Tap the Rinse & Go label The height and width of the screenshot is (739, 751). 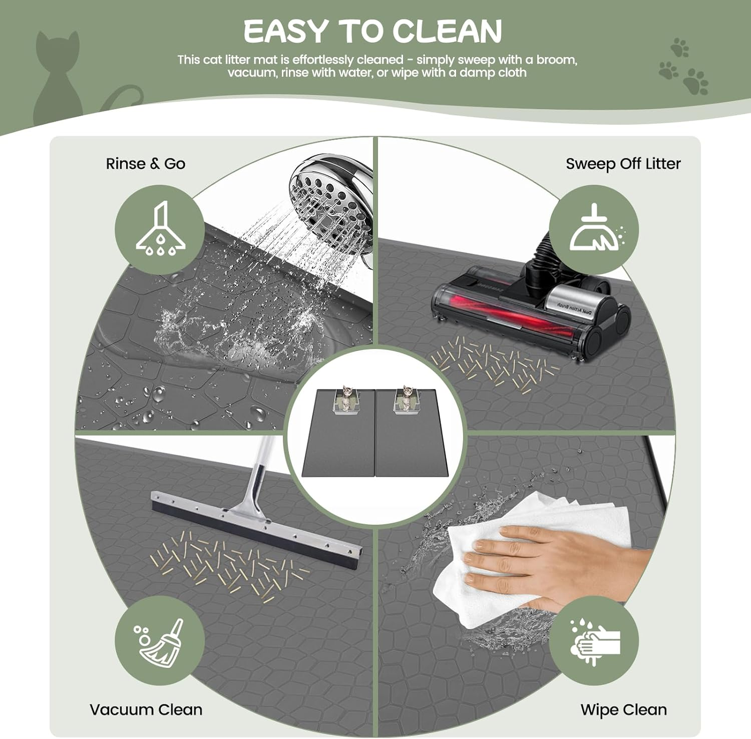tap(145, 164)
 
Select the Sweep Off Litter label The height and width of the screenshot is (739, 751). tap(623, 164)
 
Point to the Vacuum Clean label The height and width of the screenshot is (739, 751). tap(146, 709)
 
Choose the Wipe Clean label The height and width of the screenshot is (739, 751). tap(623, 709)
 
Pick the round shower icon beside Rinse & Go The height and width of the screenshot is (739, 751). tap(160, 229)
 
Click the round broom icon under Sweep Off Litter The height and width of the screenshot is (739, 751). tap(594, 229)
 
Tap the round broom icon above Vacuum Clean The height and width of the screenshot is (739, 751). tap(160, 642)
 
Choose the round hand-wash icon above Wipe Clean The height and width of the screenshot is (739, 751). tap(594, 642)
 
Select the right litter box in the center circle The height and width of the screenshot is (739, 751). tap(406, 401)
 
